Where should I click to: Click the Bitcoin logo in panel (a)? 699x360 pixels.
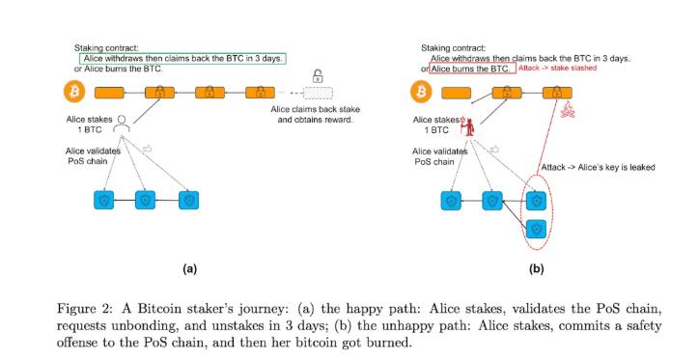[x=74, y=92]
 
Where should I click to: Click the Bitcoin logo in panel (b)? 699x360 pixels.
[x=421, y=92]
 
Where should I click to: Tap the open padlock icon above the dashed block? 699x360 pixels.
[x=318, y=75]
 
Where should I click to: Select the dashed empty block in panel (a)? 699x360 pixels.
[x=318, y=93]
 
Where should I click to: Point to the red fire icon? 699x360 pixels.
[x=568, y=110]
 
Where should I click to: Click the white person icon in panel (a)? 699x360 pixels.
[x=122, y=124]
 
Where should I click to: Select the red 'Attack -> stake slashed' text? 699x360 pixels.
[x=557, y=69]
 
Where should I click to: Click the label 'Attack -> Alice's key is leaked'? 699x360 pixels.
[x=598, y=167]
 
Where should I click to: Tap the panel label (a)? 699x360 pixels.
[x=189, y=268]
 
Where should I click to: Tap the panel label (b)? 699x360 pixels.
[x=536, y=268]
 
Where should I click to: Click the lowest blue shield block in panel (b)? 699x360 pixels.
[x=536, y=230]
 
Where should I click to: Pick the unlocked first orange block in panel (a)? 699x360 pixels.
[x=109, y=93]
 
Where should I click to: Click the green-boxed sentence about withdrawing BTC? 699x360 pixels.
[x=182, y=58]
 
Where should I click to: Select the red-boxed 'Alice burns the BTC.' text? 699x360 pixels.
[x=472, y=69]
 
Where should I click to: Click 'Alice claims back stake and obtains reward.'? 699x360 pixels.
[x=315, y=114]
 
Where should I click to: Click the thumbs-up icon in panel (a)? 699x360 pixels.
[x=147, y=149]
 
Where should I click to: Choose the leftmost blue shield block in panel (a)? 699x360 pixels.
[x=104, y=200]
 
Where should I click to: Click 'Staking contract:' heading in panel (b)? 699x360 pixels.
[x=454, y=48]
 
